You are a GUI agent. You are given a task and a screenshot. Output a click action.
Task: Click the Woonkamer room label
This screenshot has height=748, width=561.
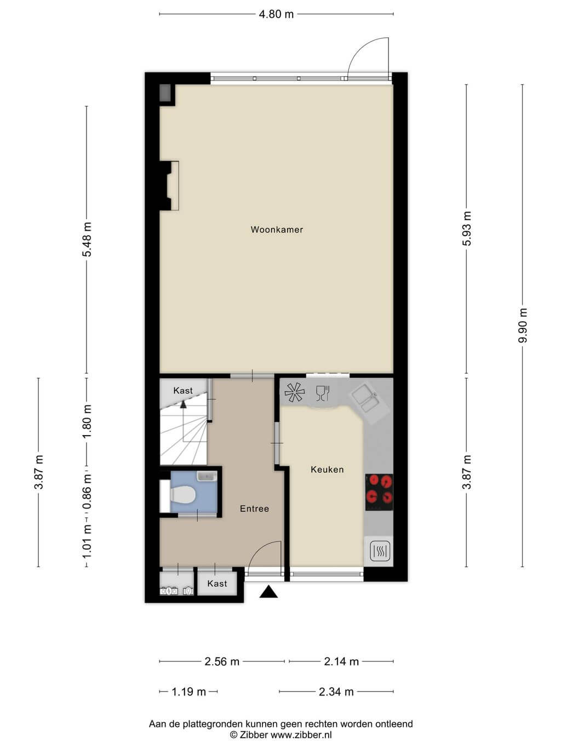[277, 230]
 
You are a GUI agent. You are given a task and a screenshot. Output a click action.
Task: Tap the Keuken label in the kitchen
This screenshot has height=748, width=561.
[327, 470]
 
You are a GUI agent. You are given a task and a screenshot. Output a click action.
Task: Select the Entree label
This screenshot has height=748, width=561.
[254, 509]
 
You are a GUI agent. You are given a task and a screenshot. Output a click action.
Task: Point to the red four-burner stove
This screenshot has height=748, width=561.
[379, 492]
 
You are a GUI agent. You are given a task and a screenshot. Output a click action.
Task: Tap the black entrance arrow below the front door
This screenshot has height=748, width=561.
[268, 592]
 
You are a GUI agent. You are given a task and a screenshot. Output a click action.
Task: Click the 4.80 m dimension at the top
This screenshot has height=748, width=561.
[276, 14]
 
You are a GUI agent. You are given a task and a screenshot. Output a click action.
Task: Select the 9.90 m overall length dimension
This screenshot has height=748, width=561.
[523, 326]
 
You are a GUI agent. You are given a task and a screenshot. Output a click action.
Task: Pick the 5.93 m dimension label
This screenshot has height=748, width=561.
[467, 229]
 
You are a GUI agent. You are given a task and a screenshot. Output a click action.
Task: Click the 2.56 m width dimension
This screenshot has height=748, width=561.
[222, 662]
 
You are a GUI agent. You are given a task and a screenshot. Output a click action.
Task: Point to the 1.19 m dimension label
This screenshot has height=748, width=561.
[188, 692]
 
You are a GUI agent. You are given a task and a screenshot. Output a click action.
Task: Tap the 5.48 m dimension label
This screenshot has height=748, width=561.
[87, 239]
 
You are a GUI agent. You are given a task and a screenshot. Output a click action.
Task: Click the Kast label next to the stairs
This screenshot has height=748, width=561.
[183, 391]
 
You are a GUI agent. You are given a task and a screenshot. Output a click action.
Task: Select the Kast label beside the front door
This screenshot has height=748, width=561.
[217, 584]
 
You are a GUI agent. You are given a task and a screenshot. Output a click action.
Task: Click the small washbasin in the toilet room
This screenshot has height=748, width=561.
[207, 476]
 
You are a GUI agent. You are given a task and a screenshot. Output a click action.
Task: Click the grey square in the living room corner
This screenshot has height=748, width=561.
[165, 93]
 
